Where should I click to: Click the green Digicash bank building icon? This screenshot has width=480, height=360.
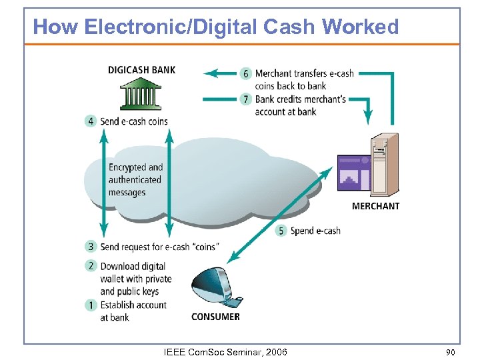click(141, 94)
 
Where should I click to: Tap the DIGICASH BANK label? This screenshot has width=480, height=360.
click(141, 70)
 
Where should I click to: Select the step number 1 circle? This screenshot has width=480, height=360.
click(91, 305)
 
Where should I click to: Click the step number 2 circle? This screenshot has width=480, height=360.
click(91, 265)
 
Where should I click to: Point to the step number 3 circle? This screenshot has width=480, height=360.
click(91, 247)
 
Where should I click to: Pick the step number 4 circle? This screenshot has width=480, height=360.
click(91, 121)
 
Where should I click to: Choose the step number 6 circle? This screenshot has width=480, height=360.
click(246, 73)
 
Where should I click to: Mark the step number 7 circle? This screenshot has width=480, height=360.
click(246, 99)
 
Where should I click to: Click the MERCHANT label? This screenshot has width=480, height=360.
click(375, 206)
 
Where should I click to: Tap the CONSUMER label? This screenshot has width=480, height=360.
click(215, 317)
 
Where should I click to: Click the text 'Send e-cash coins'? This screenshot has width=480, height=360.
click(134, 121)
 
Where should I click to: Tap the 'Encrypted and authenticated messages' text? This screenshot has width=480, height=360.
click(135, 180)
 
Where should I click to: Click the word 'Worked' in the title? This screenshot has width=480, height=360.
click(360, 27)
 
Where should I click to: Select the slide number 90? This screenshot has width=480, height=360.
click(450, 351)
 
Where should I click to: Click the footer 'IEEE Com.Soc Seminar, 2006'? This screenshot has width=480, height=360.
click(225, 351)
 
